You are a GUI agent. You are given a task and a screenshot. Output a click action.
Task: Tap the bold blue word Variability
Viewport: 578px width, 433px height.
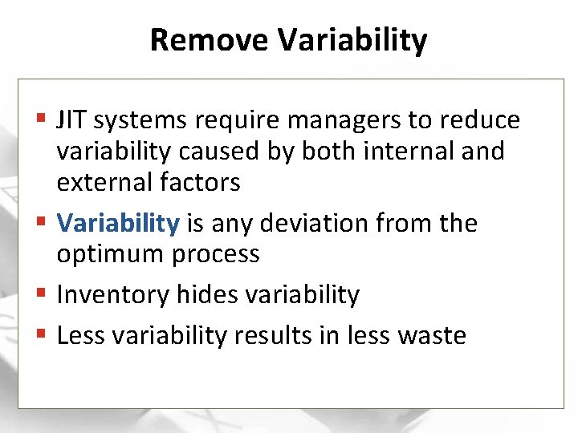pos(118,223)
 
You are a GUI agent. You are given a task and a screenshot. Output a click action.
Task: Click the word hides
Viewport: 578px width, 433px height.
pos(197,294)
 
